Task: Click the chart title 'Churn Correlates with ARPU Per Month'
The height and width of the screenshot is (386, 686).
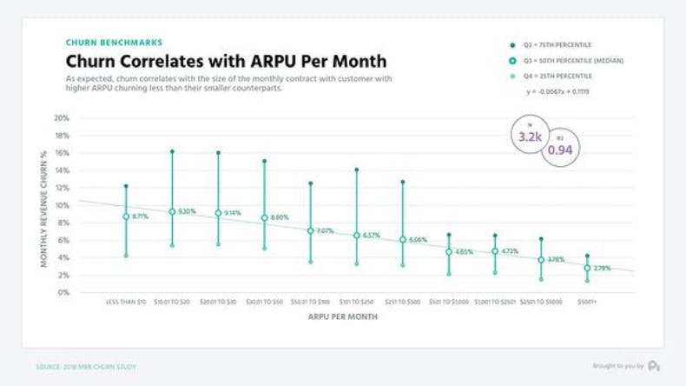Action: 226,62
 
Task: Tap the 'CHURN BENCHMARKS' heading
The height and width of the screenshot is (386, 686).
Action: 114,42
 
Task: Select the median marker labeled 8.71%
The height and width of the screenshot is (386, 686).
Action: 126,216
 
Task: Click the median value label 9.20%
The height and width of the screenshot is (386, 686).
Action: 188,211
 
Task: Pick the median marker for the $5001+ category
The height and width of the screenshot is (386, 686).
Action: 587,268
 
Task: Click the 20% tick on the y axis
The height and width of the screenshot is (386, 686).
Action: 62,118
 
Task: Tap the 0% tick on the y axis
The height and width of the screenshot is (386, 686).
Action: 63,293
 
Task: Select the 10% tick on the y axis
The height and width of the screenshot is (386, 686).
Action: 62,205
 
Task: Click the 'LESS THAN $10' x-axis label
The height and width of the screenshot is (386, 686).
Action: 126,301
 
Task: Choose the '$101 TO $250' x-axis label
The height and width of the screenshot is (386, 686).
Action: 356,301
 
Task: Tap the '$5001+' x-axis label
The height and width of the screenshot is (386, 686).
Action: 587,301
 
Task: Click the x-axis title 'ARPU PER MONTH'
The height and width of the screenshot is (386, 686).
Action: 342,317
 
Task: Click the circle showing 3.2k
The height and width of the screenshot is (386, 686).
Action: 530,136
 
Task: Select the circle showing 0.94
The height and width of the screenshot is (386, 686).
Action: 561,150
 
